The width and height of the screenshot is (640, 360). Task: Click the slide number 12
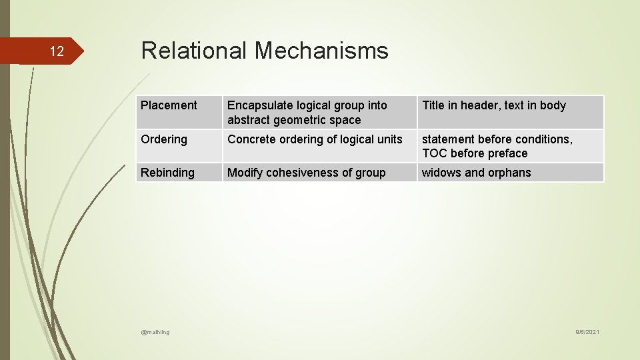(57, 52)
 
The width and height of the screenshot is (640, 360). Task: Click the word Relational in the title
(194, 51)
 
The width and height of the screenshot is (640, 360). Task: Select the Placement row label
(169, 105)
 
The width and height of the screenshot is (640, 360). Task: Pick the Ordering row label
(164, 139)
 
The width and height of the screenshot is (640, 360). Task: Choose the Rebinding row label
(167, 173)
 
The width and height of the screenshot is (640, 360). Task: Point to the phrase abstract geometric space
(293, 120)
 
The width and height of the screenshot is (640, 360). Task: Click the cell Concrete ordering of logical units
(315, 139)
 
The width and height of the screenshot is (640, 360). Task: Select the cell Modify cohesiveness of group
(306, 173)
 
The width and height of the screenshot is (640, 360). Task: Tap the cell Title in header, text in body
(493, 105)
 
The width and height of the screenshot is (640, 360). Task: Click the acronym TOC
(435, 153)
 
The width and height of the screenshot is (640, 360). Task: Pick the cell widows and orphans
(476, 173)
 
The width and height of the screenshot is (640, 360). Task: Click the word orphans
(509, 173)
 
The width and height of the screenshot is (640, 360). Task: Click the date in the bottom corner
(587, 332)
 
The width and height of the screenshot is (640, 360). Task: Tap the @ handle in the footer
(155, 332)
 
